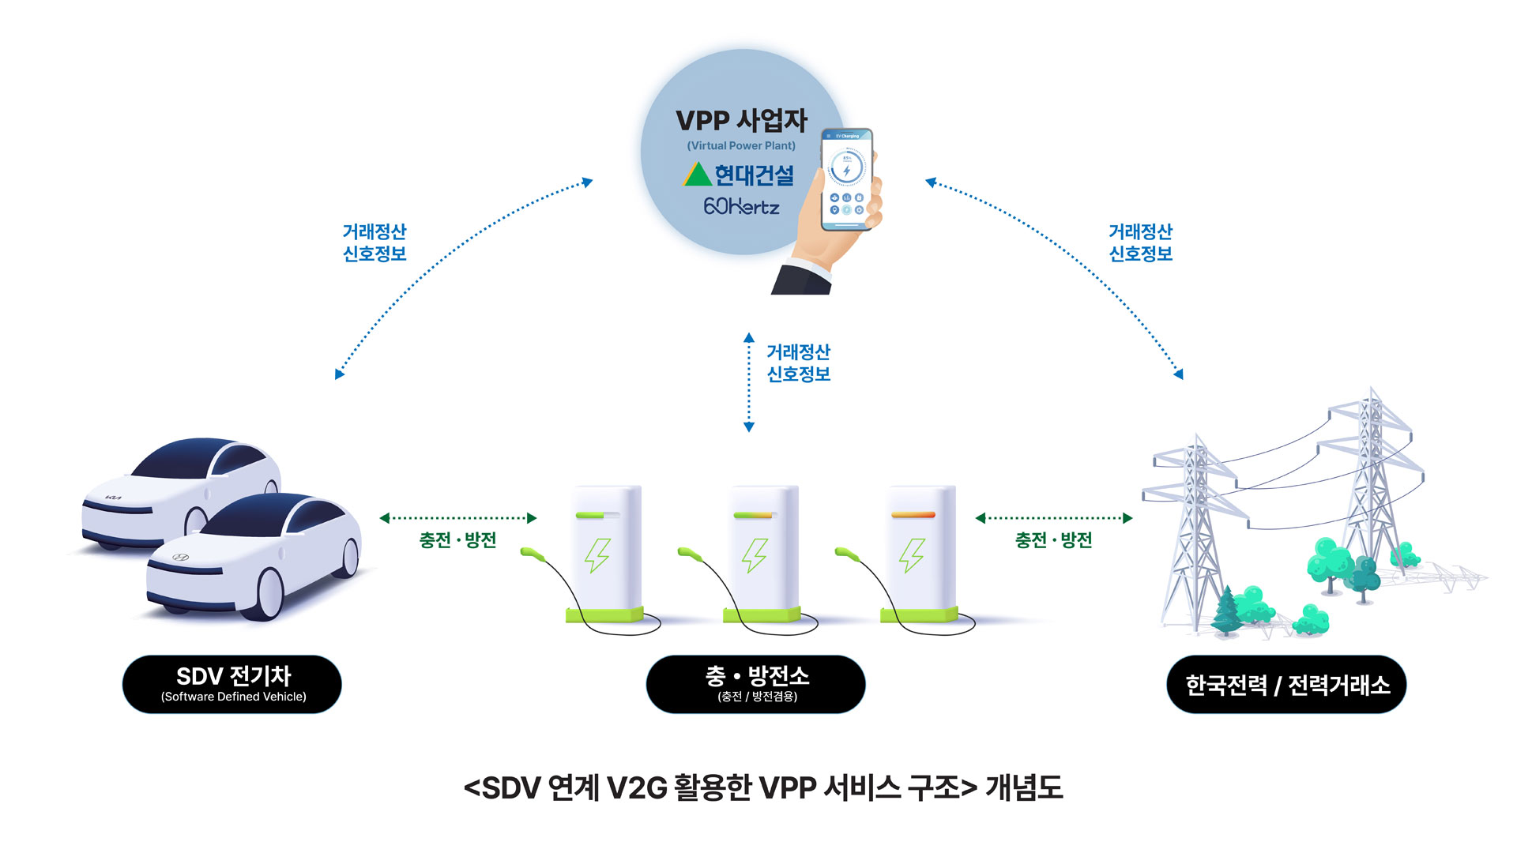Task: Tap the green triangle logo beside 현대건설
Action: tap(697, 175)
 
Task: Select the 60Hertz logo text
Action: tap(741, 207)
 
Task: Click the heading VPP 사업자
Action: tap(741, 121)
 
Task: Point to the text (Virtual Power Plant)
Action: tap(741, 146)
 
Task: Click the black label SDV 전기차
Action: tap(232, 684)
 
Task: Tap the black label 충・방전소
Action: tap(756, 684)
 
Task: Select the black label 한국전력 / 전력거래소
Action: tap(1286, 684)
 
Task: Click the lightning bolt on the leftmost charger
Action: tap(597, 555)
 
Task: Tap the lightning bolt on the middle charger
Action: tap(755, 555)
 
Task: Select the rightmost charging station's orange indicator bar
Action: tap(913, 515)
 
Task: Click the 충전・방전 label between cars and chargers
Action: tap(457, 540)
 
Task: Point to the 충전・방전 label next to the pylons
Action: tap(1053, 540)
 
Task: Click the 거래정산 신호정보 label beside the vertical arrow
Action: tap(798, 363)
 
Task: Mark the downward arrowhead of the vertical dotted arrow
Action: tap(749, 427)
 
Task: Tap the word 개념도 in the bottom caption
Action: tap(1024, 788)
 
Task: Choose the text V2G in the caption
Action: tap(637, 788)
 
